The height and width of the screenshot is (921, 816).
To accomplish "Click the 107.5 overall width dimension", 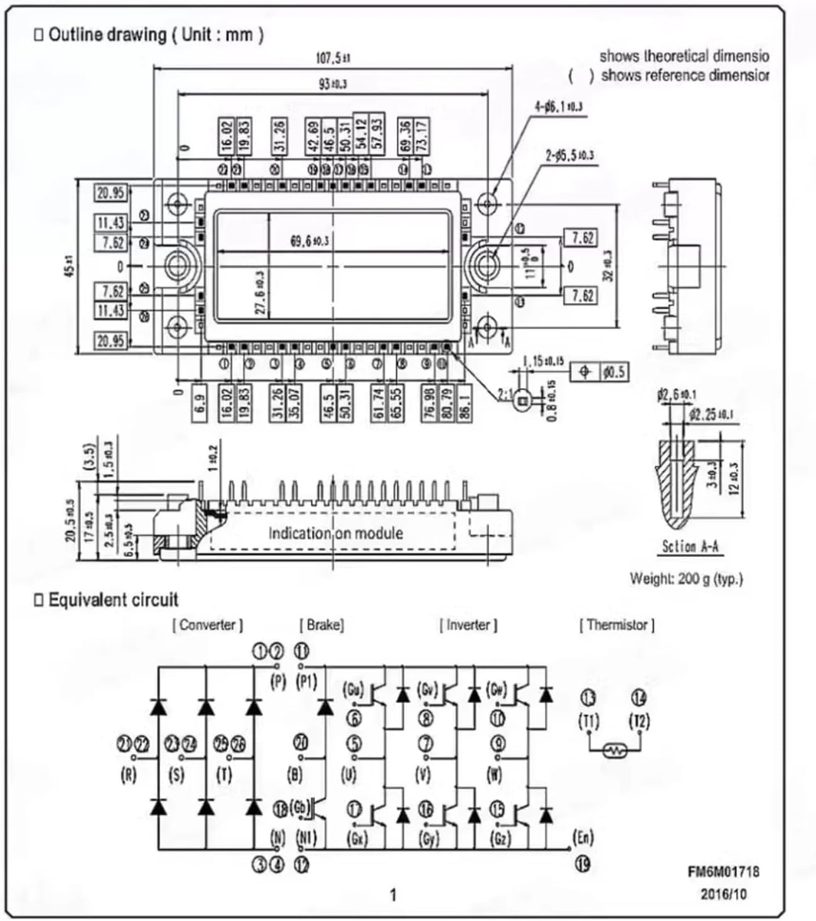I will point(333,58).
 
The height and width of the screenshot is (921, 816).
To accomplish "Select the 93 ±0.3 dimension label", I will point(333,83).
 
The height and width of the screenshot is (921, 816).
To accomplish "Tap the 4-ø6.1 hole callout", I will point(558,107).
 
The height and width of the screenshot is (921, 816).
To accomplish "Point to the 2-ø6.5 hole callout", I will point(569,155).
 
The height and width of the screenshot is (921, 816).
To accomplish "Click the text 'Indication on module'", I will point(335,534).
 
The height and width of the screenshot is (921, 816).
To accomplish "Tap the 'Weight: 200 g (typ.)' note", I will point(686,578).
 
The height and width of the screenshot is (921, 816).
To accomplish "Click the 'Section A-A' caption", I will point(690,547).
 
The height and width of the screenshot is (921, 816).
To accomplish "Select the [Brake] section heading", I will point(321,625).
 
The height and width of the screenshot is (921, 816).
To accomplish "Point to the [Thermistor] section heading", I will point(616,625).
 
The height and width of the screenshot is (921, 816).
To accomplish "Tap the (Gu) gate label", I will point(353,689).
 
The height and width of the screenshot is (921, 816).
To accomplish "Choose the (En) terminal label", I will point(583,837).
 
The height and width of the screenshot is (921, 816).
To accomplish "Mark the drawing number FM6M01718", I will point(723,871).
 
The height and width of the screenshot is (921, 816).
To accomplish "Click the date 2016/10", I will point(724,893).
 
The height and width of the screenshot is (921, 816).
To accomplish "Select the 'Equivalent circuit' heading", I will point(113,600).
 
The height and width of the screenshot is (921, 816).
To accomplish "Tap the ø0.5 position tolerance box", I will point(613,372).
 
